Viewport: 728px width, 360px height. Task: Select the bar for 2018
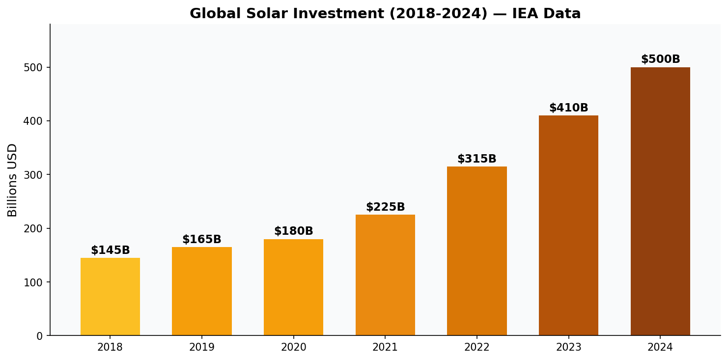pyautogui.click(x=110, y=297)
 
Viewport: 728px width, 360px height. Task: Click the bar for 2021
pyautogui.click(x=385, y=275)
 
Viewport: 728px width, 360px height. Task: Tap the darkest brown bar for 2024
pyautogui.click(x=660, y=201)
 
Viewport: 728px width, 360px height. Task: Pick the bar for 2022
pyautogui.click(x=476, y=251)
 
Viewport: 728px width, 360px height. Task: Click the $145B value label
pyautogui.click(x=110, y=250)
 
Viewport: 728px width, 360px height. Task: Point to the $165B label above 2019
pyautogui.click(x=201, y=240)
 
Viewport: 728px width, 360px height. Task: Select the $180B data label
pyautogui.click(x=293, y=231)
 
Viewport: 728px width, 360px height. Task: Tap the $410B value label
pyautogui.click(x=568, y=108)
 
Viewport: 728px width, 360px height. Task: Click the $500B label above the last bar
pyautogui.click(x=660, y=59)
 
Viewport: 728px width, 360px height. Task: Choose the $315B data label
pyautogui.click(x=476, y=159)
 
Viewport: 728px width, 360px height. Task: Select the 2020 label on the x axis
pyautogui.click(x=293, y=348)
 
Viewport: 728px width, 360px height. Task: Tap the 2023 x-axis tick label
pyautogui.click(x=568, y=348)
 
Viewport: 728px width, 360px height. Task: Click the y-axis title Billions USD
pyautogui.click(x=13, y=180)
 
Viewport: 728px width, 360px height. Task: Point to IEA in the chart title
pyautogui.click(x=526, y=14)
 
